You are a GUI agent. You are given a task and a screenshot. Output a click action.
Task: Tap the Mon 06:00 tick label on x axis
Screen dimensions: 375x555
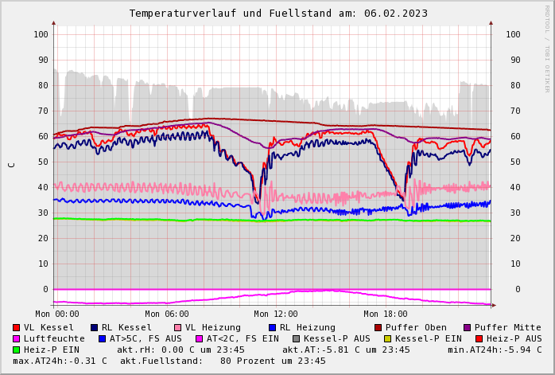click(166, 314)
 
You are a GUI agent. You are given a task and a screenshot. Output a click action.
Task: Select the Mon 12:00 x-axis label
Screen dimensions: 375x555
click(276, 314)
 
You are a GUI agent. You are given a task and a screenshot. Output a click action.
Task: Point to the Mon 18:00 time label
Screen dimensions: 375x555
click(386, 314)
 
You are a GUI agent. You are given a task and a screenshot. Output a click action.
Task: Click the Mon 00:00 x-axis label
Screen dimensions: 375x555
click(56, 314)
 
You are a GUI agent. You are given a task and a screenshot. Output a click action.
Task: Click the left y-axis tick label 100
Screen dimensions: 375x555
click(41, 34)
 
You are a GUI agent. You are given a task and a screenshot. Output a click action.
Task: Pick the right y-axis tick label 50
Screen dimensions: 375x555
click(512, 162)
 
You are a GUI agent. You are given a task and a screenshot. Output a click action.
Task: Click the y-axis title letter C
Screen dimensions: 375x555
click(11, 165)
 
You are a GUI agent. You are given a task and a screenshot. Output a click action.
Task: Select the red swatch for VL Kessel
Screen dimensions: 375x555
click(17, 327)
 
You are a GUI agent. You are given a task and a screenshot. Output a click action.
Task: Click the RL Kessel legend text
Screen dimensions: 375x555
click(127, 327)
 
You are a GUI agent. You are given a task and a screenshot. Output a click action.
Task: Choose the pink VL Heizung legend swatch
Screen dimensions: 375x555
click(178, 327)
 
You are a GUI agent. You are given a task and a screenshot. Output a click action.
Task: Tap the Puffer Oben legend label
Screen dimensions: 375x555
click(417, 327)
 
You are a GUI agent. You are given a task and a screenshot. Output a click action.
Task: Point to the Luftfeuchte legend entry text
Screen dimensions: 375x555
click(54, 338)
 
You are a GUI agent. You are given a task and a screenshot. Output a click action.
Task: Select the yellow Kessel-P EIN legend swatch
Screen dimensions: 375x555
click(387, 338)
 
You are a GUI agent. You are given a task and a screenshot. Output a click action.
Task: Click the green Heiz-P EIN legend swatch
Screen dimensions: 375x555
click(17, 350)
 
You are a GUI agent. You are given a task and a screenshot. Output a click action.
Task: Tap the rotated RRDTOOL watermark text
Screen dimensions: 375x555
click(547, 48)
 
